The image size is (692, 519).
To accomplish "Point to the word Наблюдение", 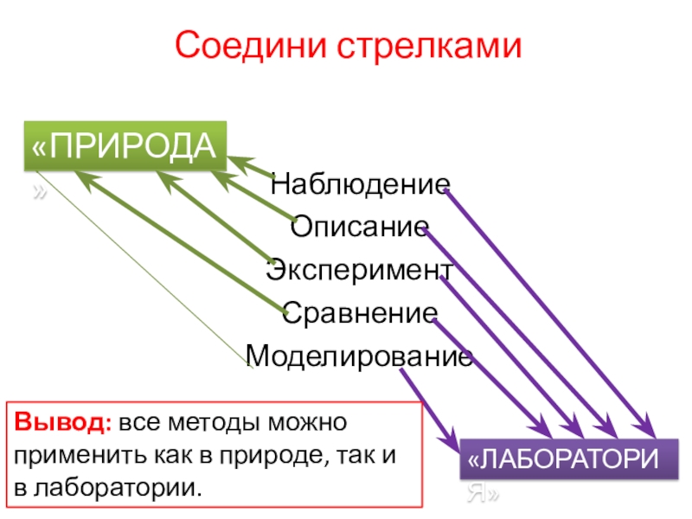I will [360, 183].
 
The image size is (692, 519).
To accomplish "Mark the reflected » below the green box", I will [39, 190].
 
